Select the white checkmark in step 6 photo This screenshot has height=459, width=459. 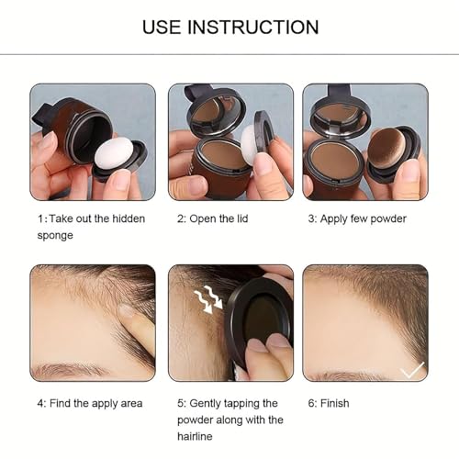click(x=412, y=369)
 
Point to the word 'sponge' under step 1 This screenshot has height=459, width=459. click(x=56, y=235)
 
